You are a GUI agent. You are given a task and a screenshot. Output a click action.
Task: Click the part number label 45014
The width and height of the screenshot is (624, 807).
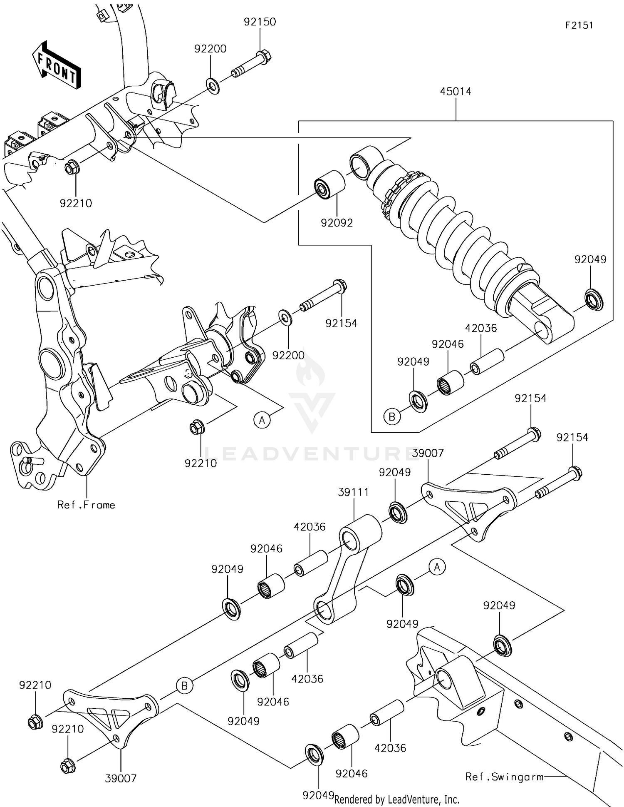456,92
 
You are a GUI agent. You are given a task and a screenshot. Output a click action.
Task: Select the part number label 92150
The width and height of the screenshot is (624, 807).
260,22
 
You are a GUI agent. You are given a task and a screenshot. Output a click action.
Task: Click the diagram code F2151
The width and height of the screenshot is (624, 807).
579,25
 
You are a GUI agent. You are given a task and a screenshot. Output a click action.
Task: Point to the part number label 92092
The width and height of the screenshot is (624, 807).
337,223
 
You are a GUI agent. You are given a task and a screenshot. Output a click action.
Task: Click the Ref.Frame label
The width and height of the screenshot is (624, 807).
86,505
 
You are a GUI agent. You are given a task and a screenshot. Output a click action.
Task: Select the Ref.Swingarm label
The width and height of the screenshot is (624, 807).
504,777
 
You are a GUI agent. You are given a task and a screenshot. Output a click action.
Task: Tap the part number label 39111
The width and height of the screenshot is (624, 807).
353,492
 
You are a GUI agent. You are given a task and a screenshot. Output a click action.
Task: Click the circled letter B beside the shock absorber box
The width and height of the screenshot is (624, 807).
392,416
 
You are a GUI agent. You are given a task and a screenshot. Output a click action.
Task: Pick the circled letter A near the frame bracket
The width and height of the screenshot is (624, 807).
262,420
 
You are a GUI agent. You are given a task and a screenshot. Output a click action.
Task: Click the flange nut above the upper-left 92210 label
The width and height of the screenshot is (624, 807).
71,168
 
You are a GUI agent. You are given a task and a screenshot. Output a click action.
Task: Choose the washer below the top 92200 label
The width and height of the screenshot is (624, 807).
213,87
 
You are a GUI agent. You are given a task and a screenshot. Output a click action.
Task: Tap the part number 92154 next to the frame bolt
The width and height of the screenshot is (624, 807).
341,323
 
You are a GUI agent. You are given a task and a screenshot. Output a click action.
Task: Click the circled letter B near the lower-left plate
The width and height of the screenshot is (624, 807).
184,686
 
